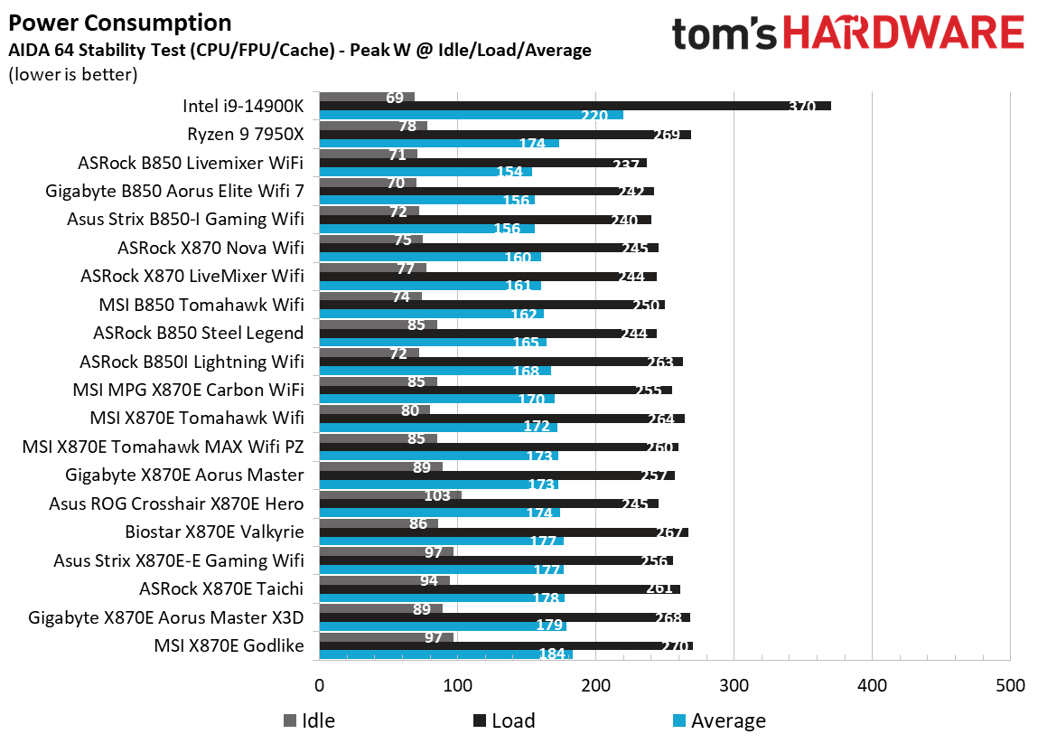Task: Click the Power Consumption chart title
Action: coord(119,23)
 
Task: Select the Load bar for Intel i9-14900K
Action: coord(575,106)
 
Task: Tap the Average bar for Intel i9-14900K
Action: coord(470,115)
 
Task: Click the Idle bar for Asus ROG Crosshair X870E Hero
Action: coord(389,494)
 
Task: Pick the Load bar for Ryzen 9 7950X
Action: coord(504,135)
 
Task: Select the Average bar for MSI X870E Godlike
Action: coord(445,654)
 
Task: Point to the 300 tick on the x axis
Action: coord(734,685)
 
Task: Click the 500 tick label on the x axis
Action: coord(1009,685)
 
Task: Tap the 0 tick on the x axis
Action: coord(319,685)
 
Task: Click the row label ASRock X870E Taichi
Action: coord(221,588)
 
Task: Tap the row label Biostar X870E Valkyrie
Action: coord(215,532)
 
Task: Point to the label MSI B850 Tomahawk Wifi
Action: coord(201,305)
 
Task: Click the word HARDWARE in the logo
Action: coord(903,33)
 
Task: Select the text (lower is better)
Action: coord(72,74)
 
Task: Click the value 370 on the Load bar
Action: coord(800,107)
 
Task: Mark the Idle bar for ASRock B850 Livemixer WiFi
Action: coord(368,154)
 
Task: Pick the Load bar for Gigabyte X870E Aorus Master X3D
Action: coord(504,617)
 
